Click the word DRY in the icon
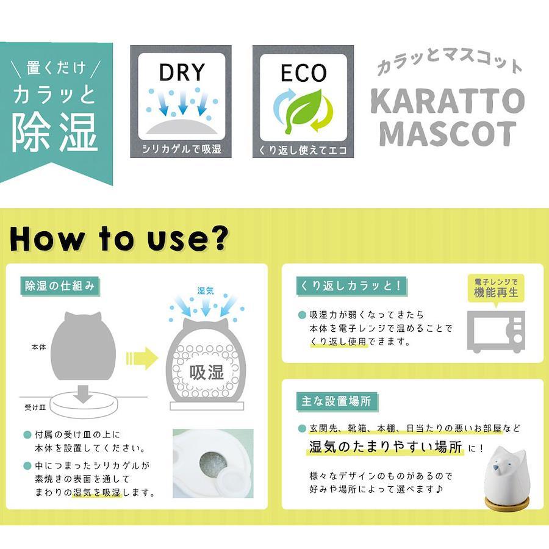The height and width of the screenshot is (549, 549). coord(182,73)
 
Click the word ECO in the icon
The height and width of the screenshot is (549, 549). coord(304,73)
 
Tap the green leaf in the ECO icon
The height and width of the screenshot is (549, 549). coord(303,110)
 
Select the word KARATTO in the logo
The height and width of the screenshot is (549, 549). coord(447,101)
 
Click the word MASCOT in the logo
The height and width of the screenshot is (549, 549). coord(448,134)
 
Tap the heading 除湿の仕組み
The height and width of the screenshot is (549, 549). coord(60,286)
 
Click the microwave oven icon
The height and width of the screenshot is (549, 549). coord(496,331)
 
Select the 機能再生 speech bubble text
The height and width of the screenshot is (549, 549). coord(496,292)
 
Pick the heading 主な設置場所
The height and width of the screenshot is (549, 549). coord(336,401)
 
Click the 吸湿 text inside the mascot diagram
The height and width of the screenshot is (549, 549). coord(206,373)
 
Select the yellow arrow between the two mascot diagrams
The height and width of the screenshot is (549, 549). coord(142,359)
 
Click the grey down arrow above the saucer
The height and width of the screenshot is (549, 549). coord(83,394)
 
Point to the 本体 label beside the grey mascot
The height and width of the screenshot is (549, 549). coord(38,347)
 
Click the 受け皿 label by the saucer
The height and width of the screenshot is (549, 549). coord(35,407)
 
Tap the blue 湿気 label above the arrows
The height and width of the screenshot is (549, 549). coord(206,290)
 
